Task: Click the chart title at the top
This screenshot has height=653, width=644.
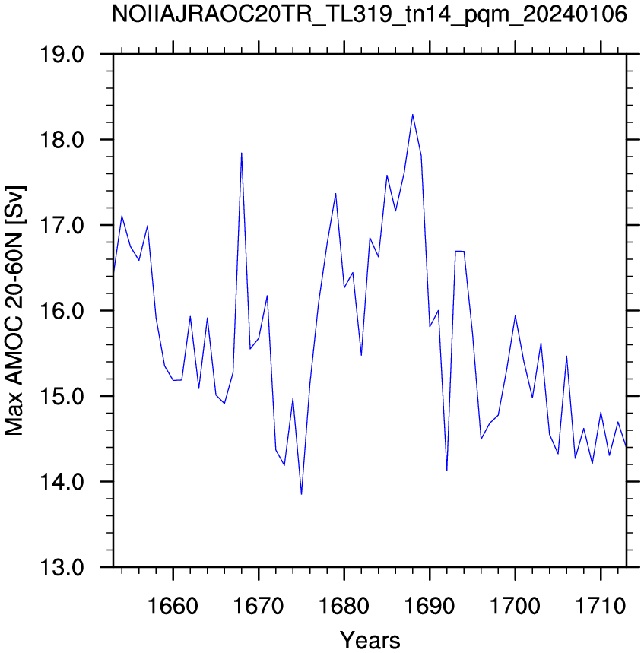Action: click(370, 15)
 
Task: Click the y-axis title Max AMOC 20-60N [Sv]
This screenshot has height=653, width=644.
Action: click(14, 311)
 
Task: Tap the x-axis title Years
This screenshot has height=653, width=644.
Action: click(370, 640)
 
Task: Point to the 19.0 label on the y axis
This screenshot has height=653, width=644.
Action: click(62, 54)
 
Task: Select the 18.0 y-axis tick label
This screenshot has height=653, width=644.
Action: click(62, 140)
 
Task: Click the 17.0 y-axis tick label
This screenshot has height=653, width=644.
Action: click(62, 225)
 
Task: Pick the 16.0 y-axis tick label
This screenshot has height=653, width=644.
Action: click(62, 311)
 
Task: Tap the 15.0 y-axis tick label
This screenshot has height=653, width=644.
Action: click(62, 396)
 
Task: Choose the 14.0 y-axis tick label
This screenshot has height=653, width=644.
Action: click(62, 482)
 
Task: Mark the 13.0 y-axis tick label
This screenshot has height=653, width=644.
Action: click(62, 567)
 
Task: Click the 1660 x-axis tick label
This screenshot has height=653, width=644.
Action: click(173, 606)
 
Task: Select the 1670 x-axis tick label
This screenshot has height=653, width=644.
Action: click(259, 606)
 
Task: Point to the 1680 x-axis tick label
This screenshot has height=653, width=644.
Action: click(344, 606)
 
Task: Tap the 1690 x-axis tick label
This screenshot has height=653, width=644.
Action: click(430, 606)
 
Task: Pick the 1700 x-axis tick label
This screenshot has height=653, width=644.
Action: click(516, 606)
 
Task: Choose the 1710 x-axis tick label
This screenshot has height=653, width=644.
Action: click(601, 606)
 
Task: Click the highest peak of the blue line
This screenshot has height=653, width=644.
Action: click(412, 115)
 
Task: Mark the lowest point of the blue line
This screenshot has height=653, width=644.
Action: click(301, 494)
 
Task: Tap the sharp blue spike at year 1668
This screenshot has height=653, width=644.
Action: click(242, 154)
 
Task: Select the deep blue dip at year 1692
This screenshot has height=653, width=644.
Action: click(447, 470)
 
